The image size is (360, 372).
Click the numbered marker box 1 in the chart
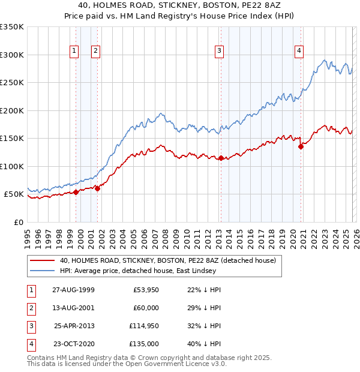point(74,52)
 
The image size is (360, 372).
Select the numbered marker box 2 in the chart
point(95,52)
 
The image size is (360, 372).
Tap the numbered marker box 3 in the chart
point(220,52)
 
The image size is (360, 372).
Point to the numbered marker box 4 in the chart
point(298,52)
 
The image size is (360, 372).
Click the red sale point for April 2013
point(221,158)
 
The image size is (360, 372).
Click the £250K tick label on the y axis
point(12,83)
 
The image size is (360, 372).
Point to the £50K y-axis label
point(14,194)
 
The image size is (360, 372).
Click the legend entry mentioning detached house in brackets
point(167,260)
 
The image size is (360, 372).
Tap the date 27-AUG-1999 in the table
point(73,290)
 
